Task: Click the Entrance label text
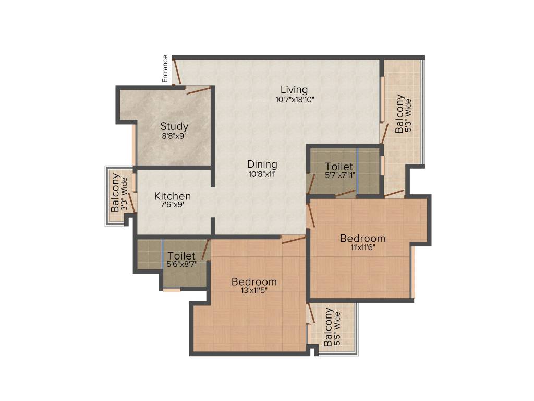coord(165,69)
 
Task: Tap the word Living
coord(294,89)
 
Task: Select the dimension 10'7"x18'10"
coord(295,99)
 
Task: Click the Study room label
coord(174,126)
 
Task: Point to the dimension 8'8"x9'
coord(174,136)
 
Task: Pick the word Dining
coord(262,164)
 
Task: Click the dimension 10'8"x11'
coord(262,174)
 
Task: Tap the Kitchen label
coord(173,196)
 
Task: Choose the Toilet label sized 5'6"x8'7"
coord(181,256)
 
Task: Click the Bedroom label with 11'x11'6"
coord(362,239)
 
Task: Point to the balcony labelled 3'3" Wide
coord(116,193)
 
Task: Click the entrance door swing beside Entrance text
coord(177,72)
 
